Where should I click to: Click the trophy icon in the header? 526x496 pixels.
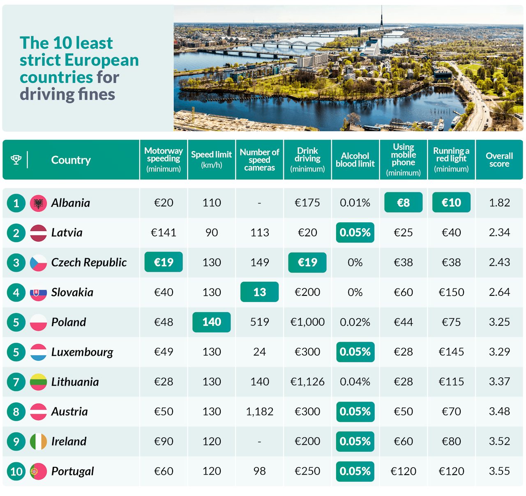[16, 160]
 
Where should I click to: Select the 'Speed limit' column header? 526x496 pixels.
[211, 160]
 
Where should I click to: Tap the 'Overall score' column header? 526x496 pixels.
[499, 160]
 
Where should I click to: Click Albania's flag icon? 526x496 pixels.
[38, 203]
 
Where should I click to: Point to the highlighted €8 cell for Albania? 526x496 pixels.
[403, 203]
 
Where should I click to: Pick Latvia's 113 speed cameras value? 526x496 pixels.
[259, 233]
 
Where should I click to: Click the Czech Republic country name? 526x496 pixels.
[89, 263]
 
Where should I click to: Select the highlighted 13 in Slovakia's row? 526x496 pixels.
[259, 292]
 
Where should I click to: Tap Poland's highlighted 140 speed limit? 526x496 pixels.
[211, 322]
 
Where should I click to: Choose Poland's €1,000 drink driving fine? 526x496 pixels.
[307, 322]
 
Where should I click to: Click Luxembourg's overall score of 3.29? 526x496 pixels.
[499, 352]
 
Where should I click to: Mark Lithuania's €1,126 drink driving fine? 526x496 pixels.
[307, 382]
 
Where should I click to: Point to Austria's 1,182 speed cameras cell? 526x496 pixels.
[259, 411]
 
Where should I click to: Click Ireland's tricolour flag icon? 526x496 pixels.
[38, 441]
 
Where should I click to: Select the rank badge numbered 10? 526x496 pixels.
[16, 471]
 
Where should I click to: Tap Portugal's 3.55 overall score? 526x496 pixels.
[499, 471]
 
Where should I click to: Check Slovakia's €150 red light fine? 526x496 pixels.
[451, 292]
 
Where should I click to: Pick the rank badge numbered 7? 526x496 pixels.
[16, 382]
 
